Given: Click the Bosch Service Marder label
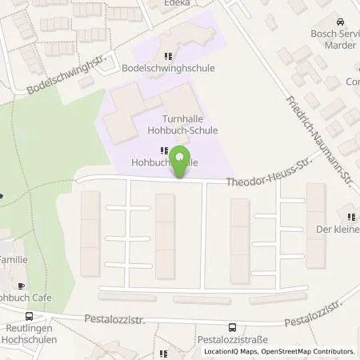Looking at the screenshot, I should coord(334,40).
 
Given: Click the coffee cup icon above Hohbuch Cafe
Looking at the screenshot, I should coord(22,286).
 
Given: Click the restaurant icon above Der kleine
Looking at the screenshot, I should coord(350,216).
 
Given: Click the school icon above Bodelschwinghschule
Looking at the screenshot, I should coord(167,56).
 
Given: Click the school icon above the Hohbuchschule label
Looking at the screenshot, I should coord(164,150).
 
